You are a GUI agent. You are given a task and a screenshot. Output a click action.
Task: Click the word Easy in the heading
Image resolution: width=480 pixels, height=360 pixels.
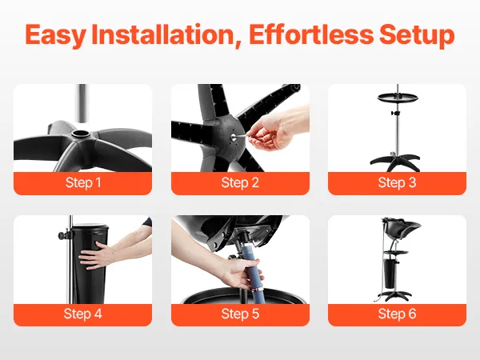click(55, 35)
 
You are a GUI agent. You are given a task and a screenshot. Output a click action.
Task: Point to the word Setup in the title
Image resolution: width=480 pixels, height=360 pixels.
click(417, 35)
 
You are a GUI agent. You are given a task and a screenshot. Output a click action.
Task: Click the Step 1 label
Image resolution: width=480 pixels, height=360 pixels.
click(83, 182)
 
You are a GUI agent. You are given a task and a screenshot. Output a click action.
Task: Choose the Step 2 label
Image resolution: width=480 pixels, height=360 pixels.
click(240, 182)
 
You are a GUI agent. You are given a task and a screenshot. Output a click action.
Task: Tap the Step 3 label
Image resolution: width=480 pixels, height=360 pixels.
click(397, 182)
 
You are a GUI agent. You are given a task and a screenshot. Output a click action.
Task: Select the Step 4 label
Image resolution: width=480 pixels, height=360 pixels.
click(82, 314)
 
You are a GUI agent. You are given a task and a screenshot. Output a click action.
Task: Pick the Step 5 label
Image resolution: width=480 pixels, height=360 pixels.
click(240, 314)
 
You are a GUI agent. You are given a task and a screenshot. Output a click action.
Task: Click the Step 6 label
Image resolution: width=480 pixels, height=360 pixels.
click(397, 314)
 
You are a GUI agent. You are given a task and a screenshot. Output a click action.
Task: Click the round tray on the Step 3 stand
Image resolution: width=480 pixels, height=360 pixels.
click(398, 98)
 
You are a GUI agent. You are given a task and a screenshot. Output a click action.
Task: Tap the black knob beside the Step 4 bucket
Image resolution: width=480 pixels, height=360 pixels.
click(62, 235)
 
